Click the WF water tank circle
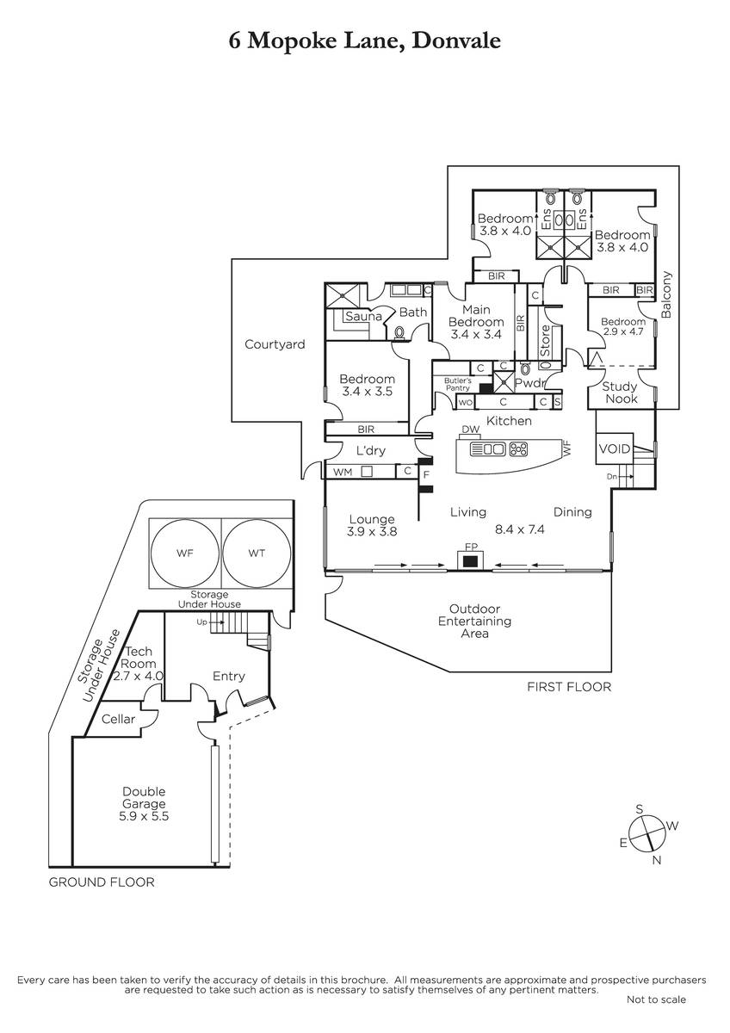pyautogui.click(x=185, y=554)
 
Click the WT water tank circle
pyautogui.click(x=257, y=554)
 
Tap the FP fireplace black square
pyautogui.click(x=470, y=561)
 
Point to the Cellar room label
pyautogui.click(x=119, y=719)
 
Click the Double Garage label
pyautogui.click(x=144, y=804)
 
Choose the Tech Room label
pyautogui.click(x=139, y=664)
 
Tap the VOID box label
pyautogui.click(x=615, y=449)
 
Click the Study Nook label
pyautogui.click(x=621, y=393)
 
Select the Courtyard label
pyautogui.click(x=275, y=344)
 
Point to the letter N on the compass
pyautogui.click(x=657, y=860)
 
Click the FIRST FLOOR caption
pyautogui.click(x=569, y=687)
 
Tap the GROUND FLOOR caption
pyautogui.click(x=102, y=882)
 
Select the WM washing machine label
pyautogui.click(x=343, y=472)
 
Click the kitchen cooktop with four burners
pyautogui.click(x=519, y=448)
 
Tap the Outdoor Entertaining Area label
pyautogui.click(x=474, y=621)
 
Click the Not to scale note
pyautogui.click(x=656, y=999)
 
